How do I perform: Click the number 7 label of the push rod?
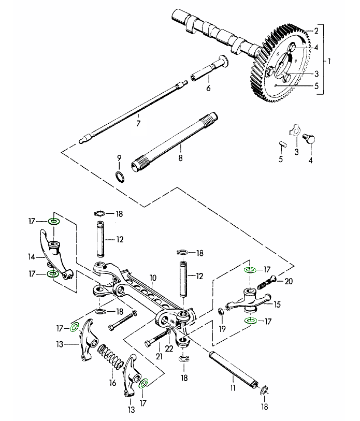pos(138,124)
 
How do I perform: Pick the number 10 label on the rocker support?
pos(153,278)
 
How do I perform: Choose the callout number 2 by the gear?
pos(309,31)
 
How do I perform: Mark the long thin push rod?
pos(135,108)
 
